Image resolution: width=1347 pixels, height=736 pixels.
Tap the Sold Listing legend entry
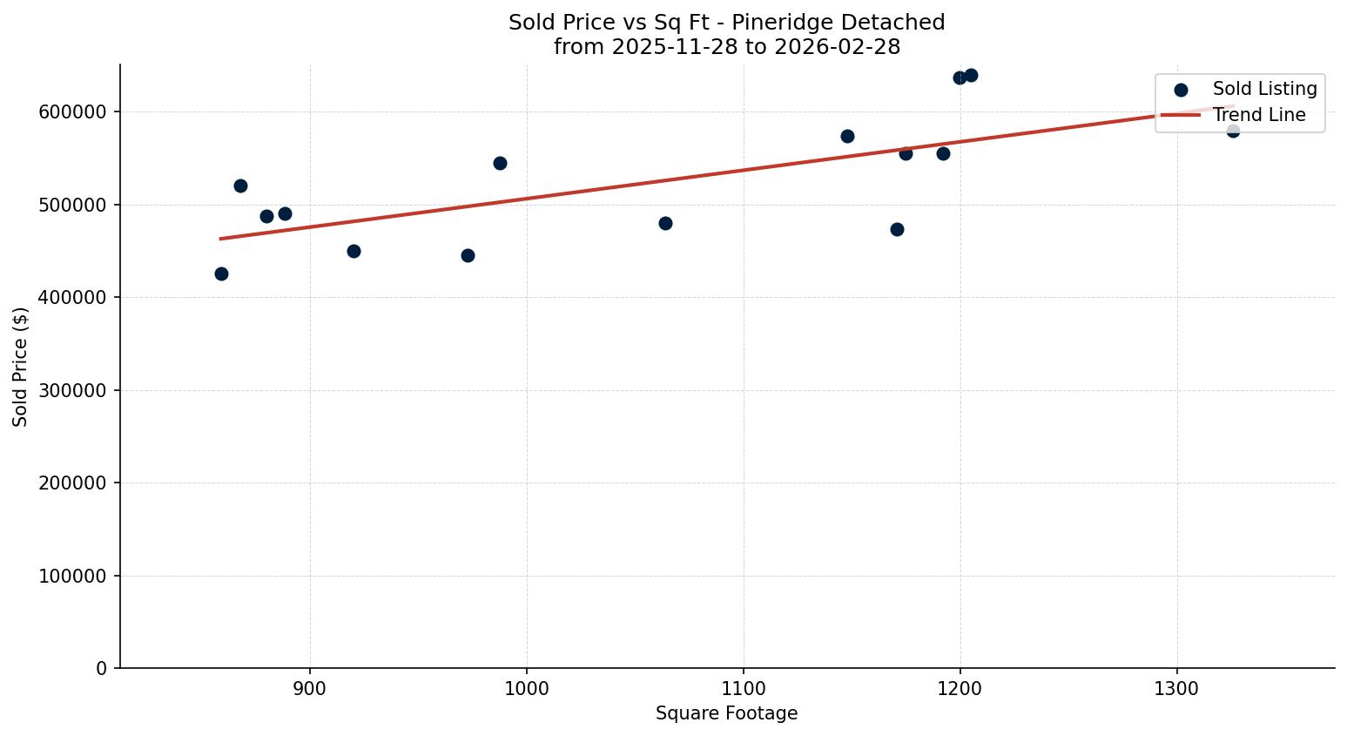(x=1264, y=89)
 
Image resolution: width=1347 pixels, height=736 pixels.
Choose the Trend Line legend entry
(x=1259, y=115)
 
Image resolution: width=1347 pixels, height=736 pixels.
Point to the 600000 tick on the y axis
(x=73, y=112)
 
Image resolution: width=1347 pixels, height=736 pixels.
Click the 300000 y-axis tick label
(x=73, y=390)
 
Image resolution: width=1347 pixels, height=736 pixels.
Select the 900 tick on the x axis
(x=310, y=688)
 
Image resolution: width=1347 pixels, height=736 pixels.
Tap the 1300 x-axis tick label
(x=1177, y=688)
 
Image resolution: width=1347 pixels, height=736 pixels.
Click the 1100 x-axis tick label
(x=744, y=688)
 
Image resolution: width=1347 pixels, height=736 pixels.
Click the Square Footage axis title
(x=726, y=714)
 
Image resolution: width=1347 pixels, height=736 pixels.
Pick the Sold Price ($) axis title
(x=21, y=367)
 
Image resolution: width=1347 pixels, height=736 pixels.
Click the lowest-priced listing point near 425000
(x=221, y=273)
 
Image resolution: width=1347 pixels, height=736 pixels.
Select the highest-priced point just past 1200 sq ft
(x=971, y=75)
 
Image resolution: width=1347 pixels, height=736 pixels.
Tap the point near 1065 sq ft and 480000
(x=665, y=223)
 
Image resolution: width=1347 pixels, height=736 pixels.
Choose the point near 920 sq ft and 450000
(x=354, y=251)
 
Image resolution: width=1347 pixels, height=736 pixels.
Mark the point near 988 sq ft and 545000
(x=500, y=163)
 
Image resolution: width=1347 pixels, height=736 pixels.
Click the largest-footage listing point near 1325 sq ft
(x=1233, y=131)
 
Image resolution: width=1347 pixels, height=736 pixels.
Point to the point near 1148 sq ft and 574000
(x=847, y=136)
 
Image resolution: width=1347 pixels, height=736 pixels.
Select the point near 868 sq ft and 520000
(x=240, y=186)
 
